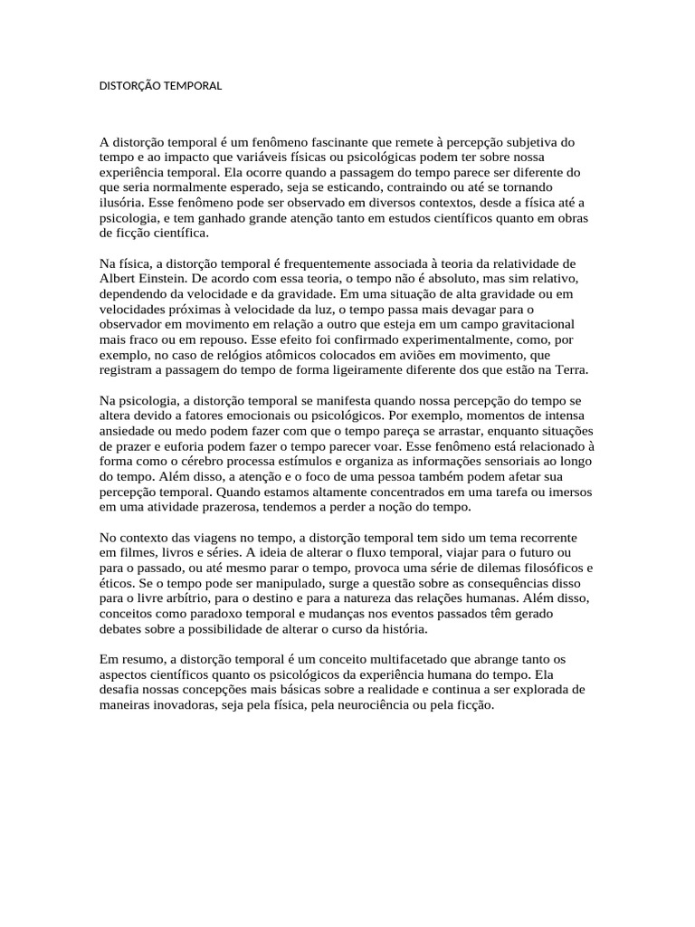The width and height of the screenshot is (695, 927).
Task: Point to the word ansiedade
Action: click(127, 430)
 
